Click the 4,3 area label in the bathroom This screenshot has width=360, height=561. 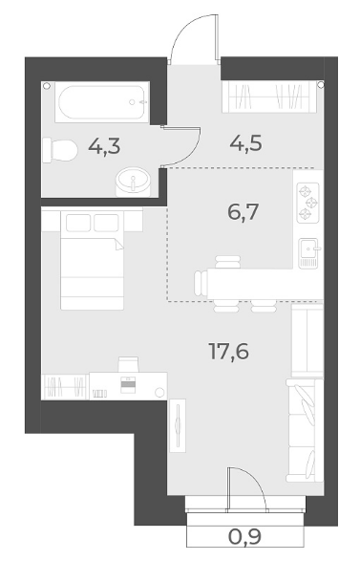click(x=104, y=147)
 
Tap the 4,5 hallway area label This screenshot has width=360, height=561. click(x=246, y=143)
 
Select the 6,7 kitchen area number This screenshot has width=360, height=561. click(x=243, y=213)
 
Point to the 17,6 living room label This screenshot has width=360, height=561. click(x=229, y=352)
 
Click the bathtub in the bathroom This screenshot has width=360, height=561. click(x=102, y=102)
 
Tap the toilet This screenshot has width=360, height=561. click(x=60, y=150)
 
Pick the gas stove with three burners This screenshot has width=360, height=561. click(x=307, y=203)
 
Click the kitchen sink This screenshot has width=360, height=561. click(x=308, y=253)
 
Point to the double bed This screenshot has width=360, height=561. click(x=93, y=261)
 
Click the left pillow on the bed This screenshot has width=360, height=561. click(x=78, y=223)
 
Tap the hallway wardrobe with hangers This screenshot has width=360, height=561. click(x=269, y=97)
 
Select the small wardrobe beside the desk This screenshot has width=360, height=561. click(x=65, y=386)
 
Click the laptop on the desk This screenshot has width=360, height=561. click(x=129, y=384)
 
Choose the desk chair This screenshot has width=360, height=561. click(x=128, y=364)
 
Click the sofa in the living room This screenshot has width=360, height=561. click(x=305, y=430)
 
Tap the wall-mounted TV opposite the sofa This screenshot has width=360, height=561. click(x=178, y=425)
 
